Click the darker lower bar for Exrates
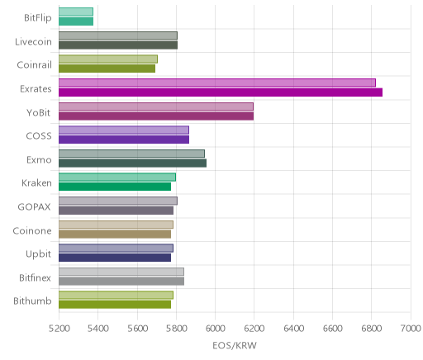(x=221, y=92)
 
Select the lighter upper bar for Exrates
(x=217, y=83)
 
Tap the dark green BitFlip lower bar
(x=76, y=21)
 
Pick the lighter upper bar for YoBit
(x=156, y=107)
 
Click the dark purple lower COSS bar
(x=124, y=140)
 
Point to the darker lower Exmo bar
(x=132, y=163)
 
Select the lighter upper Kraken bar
(x=117, y=178)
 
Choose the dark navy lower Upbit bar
(x=115, y=258)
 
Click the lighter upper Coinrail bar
(x=108, y=59)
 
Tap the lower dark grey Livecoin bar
(x=118, y=45)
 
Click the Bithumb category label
(x=32, y=301)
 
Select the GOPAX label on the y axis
(x=34, y=206)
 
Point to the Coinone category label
(x=32, y=230)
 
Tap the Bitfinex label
(x=35, y=277)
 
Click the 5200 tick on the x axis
(x=59, y=329)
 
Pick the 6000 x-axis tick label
(x=215, y=329)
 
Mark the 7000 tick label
(x=411, y=329)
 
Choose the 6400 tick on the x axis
(x=293, y=329)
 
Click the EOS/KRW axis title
(x=235, y=345)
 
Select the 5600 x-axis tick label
(x=137, y=329)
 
